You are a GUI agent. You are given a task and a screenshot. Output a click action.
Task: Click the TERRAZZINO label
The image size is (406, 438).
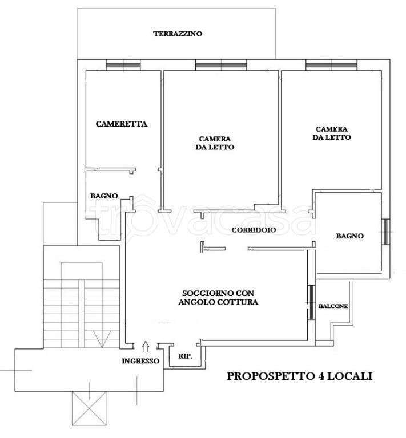[178, 34]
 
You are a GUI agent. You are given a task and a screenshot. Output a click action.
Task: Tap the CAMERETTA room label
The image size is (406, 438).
[122, 123]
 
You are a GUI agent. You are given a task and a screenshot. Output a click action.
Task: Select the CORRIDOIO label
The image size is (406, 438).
[254, 230]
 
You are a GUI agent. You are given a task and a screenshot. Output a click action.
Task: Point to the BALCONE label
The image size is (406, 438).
[333, 306]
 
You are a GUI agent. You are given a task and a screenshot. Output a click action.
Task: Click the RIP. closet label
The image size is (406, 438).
[185, 356]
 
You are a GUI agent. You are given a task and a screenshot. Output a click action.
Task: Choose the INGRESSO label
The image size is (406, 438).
[140, 361]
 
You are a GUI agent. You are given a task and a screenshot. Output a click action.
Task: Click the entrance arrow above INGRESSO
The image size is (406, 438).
[146, 345]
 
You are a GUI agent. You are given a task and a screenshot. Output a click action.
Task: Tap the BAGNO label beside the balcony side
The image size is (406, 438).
[349, 236]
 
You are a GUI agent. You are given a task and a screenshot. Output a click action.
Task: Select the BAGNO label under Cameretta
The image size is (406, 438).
[104, 196]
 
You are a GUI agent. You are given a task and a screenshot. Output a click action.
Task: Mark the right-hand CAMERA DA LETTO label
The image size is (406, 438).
[332, 133]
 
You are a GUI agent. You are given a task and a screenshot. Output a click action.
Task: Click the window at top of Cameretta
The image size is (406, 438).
[123, 65]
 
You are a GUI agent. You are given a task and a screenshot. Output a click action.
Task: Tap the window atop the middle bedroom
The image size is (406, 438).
[216, 65]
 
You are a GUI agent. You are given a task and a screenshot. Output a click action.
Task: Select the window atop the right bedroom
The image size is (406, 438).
[327, 65]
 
